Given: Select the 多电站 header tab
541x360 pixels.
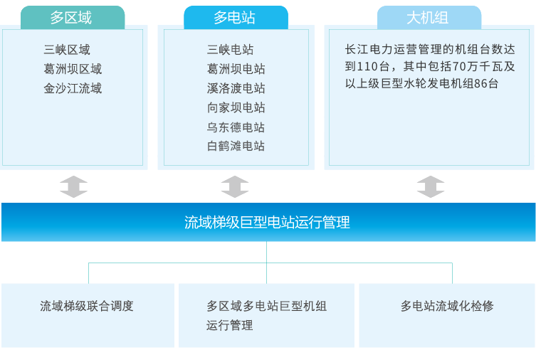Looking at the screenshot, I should (236, 18).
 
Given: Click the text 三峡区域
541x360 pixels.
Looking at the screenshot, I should (67, 50).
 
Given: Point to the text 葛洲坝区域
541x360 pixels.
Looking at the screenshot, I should (73, 69).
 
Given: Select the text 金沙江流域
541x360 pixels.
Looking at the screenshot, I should (73, 88).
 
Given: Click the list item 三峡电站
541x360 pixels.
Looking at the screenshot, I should (230, 50).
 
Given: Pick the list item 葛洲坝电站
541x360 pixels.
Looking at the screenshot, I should (236, 69).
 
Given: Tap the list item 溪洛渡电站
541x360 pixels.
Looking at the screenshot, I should (236, 88).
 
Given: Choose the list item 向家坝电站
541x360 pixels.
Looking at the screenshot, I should (236, 107).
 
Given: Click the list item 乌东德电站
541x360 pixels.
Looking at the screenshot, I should (236, 127).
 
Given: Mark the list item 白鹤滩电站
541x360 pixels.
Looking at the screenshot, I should (236, 146).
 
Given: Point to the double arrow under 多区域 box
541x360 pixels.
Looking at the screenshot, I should (73, 186).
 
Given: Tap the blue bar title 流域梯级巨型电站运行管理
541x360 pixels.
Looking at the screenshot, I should (267, 223).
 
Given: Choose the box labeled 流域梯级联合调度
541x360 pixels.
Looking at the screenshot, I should (87, 307).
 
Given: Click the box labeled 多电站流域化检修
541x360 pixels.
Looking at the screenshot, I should (446, 307).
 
